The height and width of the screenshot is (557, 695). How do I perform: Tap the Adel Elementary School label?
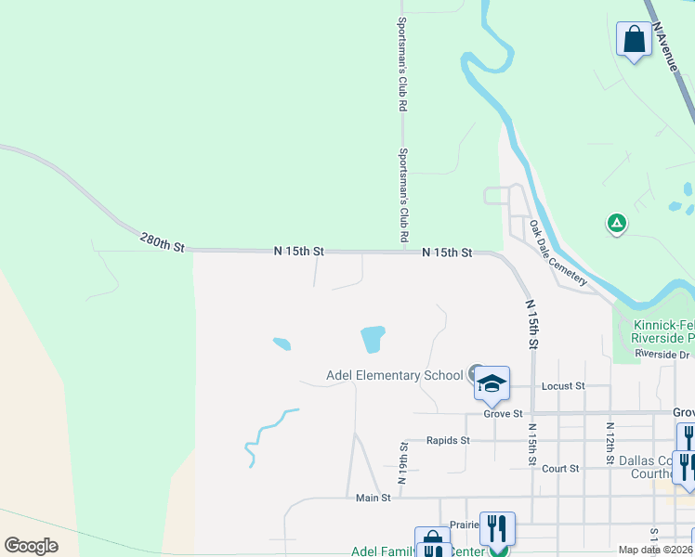click(x=394, y=375)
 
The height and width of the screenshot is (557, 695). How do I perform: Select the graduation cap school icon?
click(x=492, y=382)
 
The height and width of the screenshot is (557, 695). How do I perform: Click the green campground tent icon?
click(x=615, y=223)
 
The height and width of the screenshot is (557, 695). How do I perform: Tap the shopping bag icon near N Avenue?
click(x=634, y=40)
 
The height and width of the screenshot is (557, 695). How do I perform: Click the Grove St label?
click(x=503, y=413)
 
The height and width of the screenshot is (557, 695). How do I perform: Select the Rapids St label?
click(x=448, y=440)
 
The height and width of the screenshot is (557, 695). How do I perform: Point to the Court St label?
click(x=560, y=469)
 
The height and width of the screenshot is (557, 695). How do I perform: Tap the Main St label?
click(x=374, y=498)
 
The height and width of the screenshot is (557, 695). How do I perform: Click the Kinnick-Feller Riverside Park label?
click(x=662, y=331)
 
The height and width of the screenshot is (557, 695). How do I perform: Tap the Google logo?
click(x=31, y=545)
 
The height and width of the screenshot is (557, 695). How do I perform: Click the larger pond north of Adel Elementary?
click(x=373, y=339)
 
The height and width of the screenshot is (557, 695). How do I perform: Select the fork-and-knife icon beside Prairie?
click(x=497, y=529)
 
